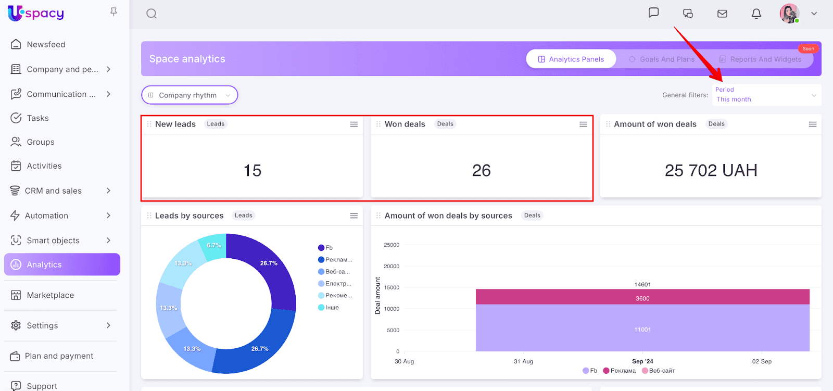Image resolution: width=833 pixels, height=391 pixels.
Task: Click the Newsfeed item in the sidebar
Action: [46, 45]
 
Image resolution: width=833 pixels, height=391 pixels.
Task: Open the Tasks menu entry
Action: [37, 118]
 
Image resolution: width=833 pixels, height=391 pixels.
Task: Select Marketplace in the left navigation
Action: [50, 295]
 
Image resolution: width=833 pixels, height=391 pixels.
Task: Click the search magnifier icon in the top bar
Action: [152, 14]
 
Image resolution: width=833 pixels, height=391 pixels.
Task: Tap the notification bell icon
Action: [756, 14]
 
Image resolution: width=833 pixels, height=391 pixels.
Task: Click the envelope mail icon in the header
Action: [722, 14]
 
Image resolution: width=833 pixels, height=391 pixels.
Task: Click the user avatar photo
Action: [789, 14]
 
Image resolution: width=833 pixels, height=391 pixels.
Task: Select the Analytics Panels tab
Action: [571, 59]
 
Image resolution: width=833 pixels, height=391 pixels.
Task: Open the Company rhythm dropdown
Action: [190, 95]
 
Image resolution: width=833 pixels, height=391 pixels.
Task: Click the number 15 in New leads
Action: [253, 170]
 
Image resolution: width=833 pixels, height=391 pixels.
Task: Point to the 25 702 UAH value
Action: [711, 170]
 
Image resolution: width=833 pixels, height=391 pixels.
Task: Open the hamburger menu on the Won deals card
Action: [583, 124]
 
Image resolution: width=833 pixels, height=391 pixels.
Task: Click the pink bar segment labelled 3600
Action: [642, 297]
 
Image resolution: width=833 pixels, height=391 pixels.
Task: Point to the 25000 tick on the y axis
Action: [392, 245]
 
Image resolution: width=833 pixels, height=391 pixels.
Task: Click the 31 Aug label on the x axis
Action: [523, 361]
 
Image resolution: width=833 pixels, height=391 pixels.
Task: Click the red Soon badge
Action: [808, 49]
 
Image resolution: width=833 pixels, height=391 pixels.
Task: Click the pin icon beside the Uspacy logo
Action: [113, 12]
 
